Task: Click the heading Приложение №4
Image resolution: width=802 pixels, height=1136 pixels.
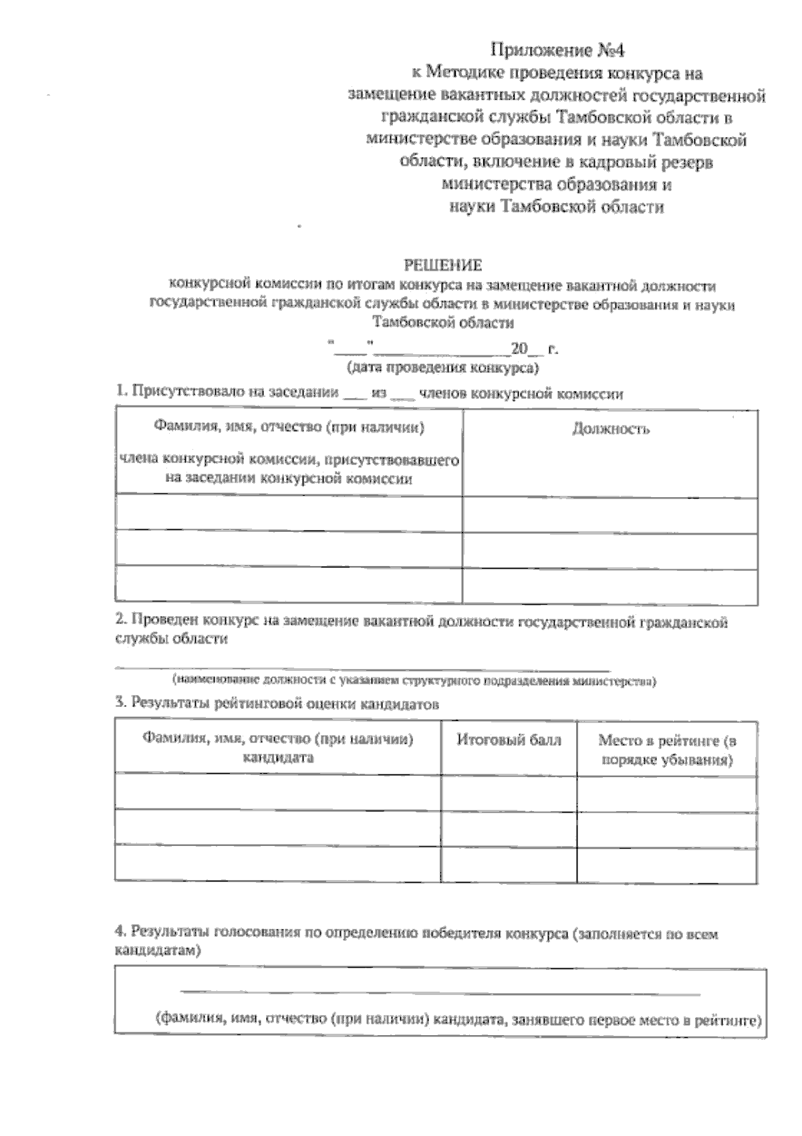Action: (x=560, y=49)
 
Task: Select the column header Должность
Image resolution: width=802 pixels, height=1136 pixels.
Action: (x=611, y=429)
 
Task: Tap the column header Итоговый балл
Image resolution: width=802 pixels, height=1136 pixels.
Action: (x=509, y=740)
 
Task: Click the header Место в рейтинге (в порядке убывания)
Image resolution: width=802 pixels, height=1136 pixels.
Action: (x=666, y=750)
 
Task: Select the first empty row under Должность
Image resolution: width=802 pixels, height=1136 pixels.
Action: (x=610, y=514)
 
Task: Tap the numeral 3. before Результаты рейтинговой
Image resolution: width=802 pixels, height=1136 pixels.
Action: (x=121, y=702)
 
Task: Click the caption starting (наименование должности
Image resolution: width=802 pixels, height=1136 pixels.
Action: (x=414, y=682)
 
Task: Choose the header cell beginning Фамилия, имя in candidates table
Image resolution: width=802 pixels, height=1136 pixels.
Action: (x=277, y=748)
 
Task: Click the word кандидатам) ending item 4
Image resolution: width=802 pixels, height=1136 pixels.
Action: (x=158, y=951)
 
